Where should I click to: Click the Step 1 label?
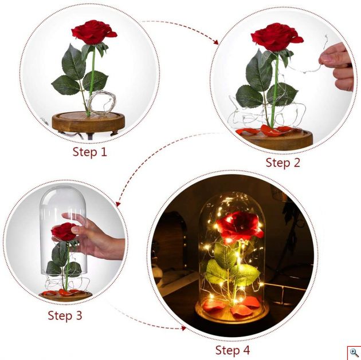[x=90, y=152]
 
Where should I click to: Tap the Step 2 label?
[x=283, y=163]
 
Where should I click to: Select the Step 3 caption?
[x=65, y=315]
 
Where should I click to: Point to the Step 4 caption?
[x=233, y=350]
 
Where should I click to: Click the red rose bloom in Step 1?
[x=93, y=32]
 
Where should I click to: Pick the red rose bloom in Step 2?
[x=276, y=37]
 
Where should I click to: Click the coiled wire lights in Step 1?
[x=101, y=102]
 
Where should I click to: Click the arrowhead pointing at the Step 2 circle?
[x=215, y=42]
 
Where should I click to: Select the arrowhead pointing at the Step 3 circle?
[x=118, y=204]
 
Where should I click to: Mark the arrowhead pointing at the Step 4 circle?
[x=183, y=329]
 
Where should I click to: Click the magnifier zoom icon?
[x=354, y=353]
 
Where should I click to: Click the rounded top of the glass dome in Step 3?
[x=63, y=193]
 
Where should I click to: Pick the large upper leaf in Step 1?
[x=73, y=62]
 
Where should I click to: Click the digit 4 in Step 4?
[x=245, y=350]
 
